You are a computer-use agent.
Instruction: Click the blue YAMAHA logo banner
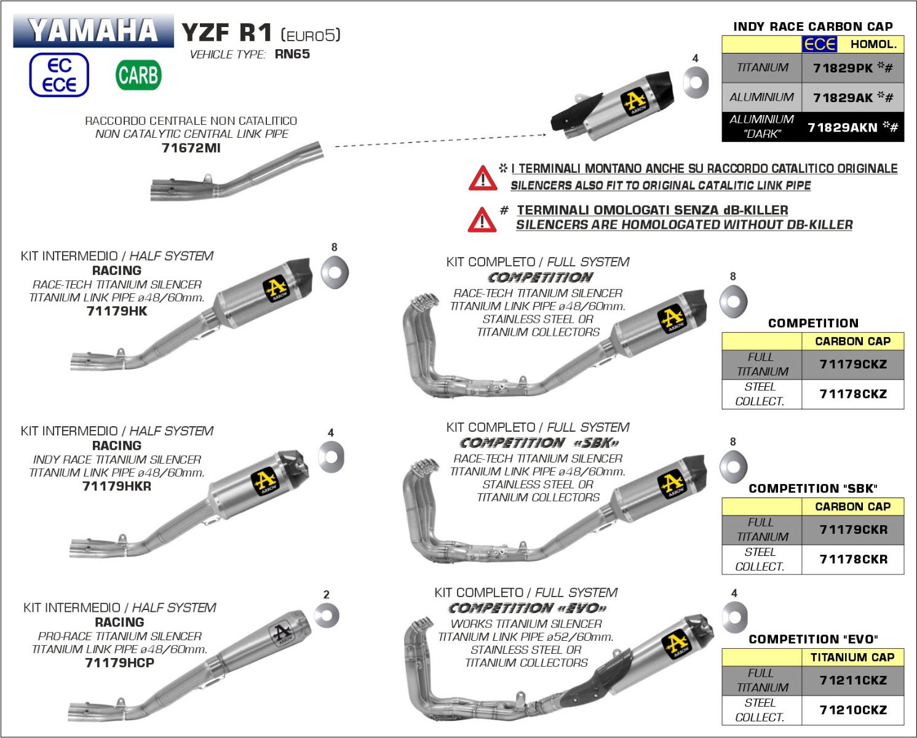(x=93, y=31)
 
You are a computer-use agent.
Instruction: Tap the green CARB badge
(x=138, y=76)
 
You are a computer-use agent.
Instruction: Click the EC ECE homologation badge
(x=59, y=75)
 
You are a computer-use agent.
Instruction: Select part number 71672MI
(x=191, y=148)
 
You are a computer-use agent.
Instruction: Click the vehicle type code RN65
(x=292, y=54)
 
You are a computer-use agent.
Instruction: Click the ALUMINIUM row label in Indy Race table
(x=761, y=97)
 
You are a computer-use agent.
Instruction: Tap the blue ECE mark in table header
(x=819, y=44)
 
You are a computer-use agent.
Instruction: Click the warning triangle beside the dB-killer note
(x=482, y=220)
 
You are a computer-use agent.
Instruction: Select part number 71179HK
(x=117, y=311)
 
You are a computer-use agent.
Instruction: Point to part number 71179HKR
(x=117, y=486)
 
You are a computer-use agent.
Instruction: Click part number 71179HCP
(x=119, y=662)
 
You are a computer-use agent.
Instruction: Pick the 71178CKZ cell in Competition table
(x=853, y=394)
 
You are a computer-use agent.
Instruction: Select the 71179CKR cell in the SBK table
(x=853, y=530)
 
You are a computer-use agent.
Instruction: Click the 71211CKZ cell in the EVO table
(x=853, y=680)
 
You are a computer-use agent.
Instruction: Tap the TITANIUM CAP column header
(x=852, y=657)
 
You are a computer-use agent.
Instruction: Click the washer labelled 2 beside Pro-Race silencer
(x=326, y=615)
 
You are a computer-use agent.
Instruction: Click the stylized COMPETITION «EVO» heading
(x=527, y=608)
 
